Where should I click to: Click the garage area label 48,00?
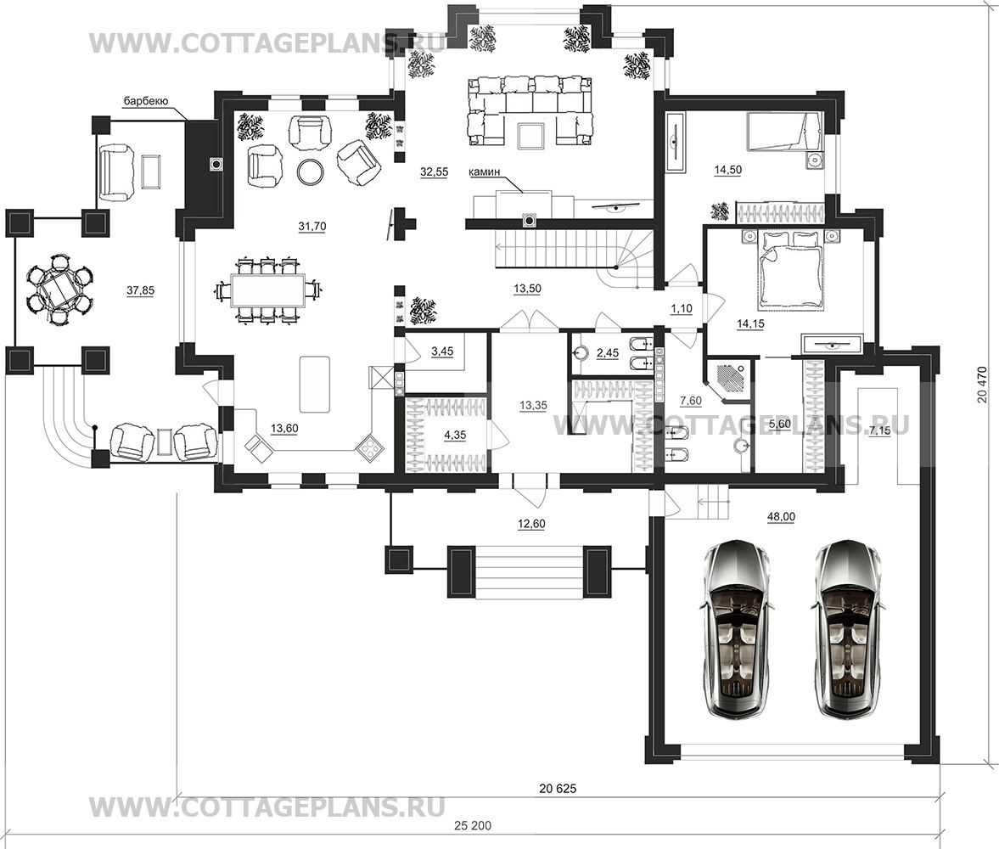pyautogui.click(x=781, y=517)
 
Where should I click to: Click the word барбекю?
pyautogui.click(x=145, y=101)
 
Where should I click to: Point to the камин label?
pyautogui.click(x=484, y=171)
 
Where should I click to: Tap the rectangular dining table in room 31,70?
pyautogui.click(x=267, y=291)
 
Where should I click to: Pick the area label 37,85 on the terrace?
pyautogui.click(x=140, y=290)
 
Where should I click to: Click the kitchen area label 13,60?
pyautogui.click(x=284, y=429)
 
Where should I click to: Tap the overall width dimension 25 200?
pyautogui.click(x=473, y=825)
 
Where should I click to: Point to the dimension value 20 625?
pyautogui.click(x=558, y=789)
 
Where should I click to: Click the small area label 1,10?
pyautogui.click(x=681, y=308)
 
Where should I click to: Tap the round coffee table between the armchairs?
pyautogui.click(x=311, y=170)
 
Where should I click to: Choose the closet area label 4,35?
pyautogui.click(x=455, y=436)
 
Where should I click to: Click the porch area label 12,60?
pyautogui.click(x=531, y=524)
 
